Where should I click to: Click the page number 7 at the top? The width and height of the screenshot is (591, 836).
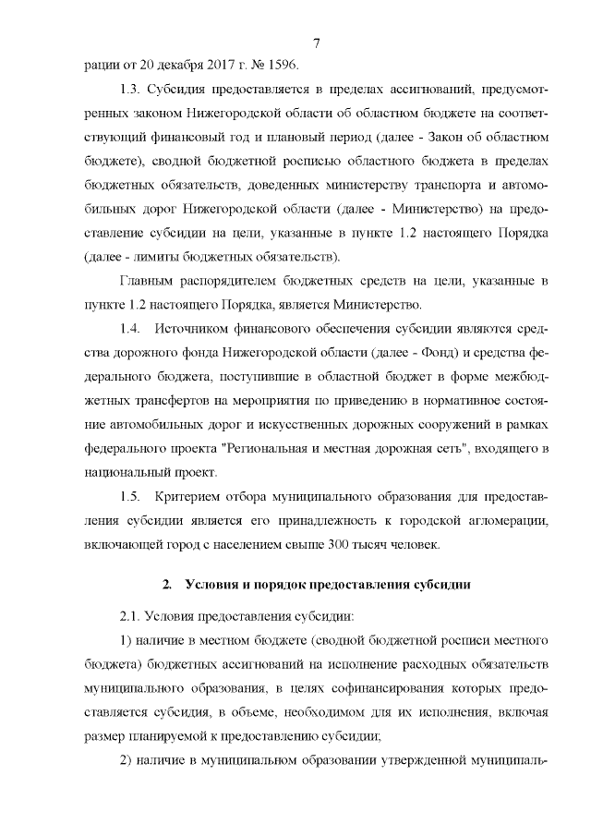[x=316, y=43]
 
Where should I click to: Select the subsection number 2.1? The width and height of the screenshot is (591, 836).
[x=130, y=615]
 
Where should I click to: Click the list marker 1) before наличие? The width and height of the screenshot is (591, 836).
[x=127, y=640]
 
